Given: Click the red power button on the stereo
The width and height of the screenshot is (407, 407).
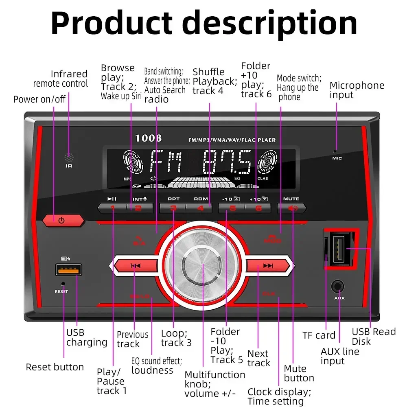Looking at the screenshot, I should [62, 221].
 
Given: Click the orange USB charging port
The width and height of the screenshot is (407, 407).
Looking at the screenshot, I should [68, 270].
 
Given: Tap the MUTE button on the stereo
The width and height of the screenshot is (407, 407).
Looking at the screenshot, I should [291, 208].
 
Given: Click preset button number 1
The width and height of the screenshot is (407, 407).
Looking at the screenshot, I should [112, 208].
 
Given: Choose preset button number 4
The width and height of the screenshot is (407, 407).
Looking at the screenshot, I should [200, 208].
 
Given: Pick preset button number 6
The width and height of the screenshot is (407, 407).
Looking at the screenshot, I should [258, 208].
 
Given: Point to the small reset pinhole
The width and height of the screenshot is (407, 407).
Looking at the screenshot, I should [62, 284].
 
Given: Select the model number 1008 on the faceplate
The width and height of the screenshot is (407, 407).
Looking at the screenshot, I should [148, 138].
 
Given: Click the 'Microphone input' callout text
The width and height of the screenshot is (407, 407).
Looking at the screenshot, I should [357, 90].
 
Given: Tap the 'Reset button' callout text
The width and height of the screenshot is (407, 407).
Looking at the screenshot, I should [55, 367].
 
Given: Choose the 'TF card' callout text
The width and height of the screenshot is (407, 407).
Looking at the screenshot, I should [319, 335].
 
